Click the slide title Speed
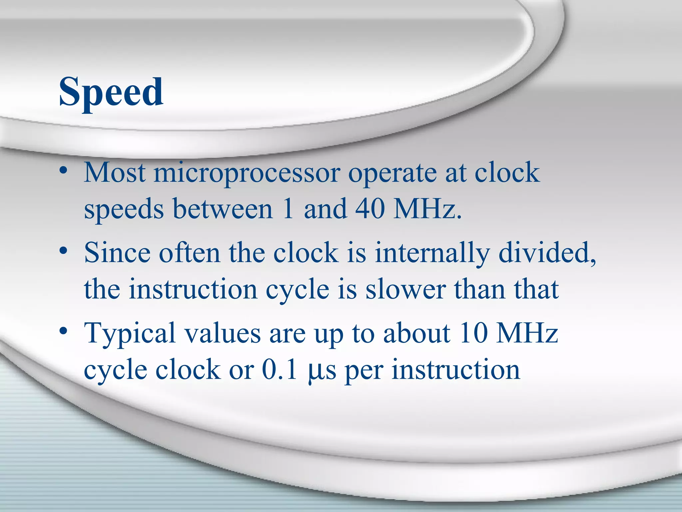[x=111, y=92]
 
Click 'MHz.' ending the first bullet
[x=428, y=209]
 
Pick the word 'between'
[x=223, y=209]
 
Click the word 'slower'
[x=406, y=289]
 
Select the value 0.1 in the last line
[x=279, y=369]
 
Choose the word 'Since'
[x=117, y=253]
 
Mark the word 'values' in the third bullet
[x=222, y=334]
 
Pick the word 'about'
[x=417, y=333]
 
